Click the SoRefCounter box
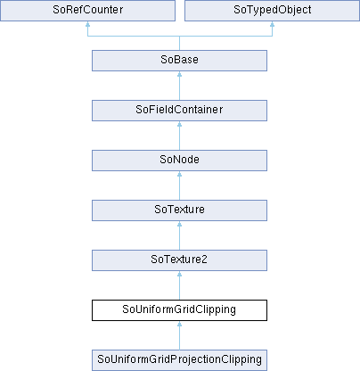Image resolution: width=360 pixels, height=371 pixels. [x=87, y=11]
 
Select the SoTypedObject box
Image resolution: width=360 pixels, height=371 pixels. [x=272, y=11]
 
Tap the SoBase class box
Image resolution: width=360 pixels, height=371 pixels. [x=179, y=61]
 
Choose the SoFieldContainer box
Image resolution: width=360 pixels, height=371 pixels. [x=179, y=111]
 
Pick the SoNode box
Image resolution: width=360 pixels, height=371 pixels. [x=179, y=161]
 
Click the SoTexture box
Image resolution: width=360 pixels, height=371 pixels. [x=179, y=210]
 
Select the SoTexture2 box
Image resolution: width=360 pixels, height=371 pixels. [x=179, y=260]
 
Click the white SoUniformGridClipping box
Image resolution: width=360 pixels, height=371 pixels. [x=179, y=310]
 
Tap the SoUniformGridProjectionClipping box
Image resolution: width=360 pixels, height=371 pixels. [x=179, y=360]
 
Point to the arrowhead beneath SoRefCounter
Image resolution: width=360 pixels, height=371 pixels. [x=87, y=24]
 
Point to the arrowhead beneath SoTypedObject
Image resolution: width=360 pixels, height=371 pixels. [x=272, y=24]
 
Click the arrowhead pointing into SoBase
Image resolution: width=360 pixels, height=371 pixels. [x=179, y=74]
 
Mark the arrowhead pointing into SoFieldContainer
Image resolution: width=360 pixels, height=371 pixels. [x=179, y=124]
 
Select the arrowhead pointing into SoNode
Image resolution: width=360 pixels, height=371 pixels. [x=179, y=174]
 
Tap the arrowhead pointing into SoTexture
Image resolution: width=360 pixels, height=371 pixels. [x=179, y=224]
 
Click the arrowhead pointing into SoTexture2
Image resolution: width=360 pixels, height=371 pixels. [x=179, y=274]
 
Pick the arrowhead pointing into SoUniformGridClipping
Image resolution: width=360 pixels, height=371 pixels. [x=179, y=324]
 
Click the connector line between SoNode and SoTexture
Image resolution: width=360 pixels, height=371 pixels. [x=179, y=185]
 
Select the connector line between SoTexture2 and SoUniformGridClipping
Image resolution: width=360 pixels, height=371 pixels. [x=179, y=285]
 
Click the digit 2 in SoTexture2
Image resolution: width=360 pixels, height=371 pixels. [x=204, y=260]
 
